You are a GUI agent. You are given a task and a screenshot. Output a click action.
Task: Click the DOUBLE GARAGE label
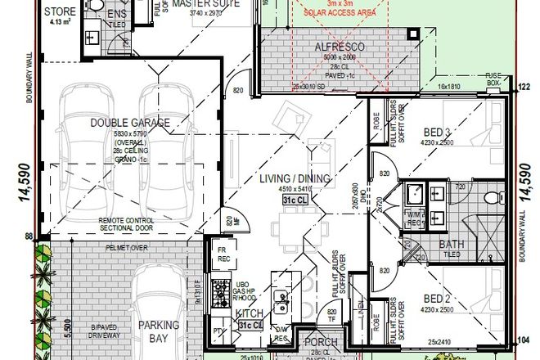click(131, 123)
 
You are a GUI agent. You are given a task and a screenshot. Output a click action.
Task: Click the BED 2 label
click(439, 299)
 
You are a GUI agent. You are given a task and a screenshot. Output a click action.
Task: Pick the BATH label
click(452, 244)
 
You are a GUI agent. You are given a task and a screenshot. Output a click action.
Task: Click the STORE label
click(61, 12)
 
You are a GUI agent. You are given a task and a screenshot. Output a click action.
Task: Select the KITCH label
click(248, 313)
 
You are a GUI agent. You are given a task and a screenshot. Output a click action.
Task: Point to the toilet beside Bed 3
click(488, 198)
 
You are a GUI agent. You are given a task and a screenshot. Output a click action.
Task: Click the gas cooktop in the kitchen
click(220, 287)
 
